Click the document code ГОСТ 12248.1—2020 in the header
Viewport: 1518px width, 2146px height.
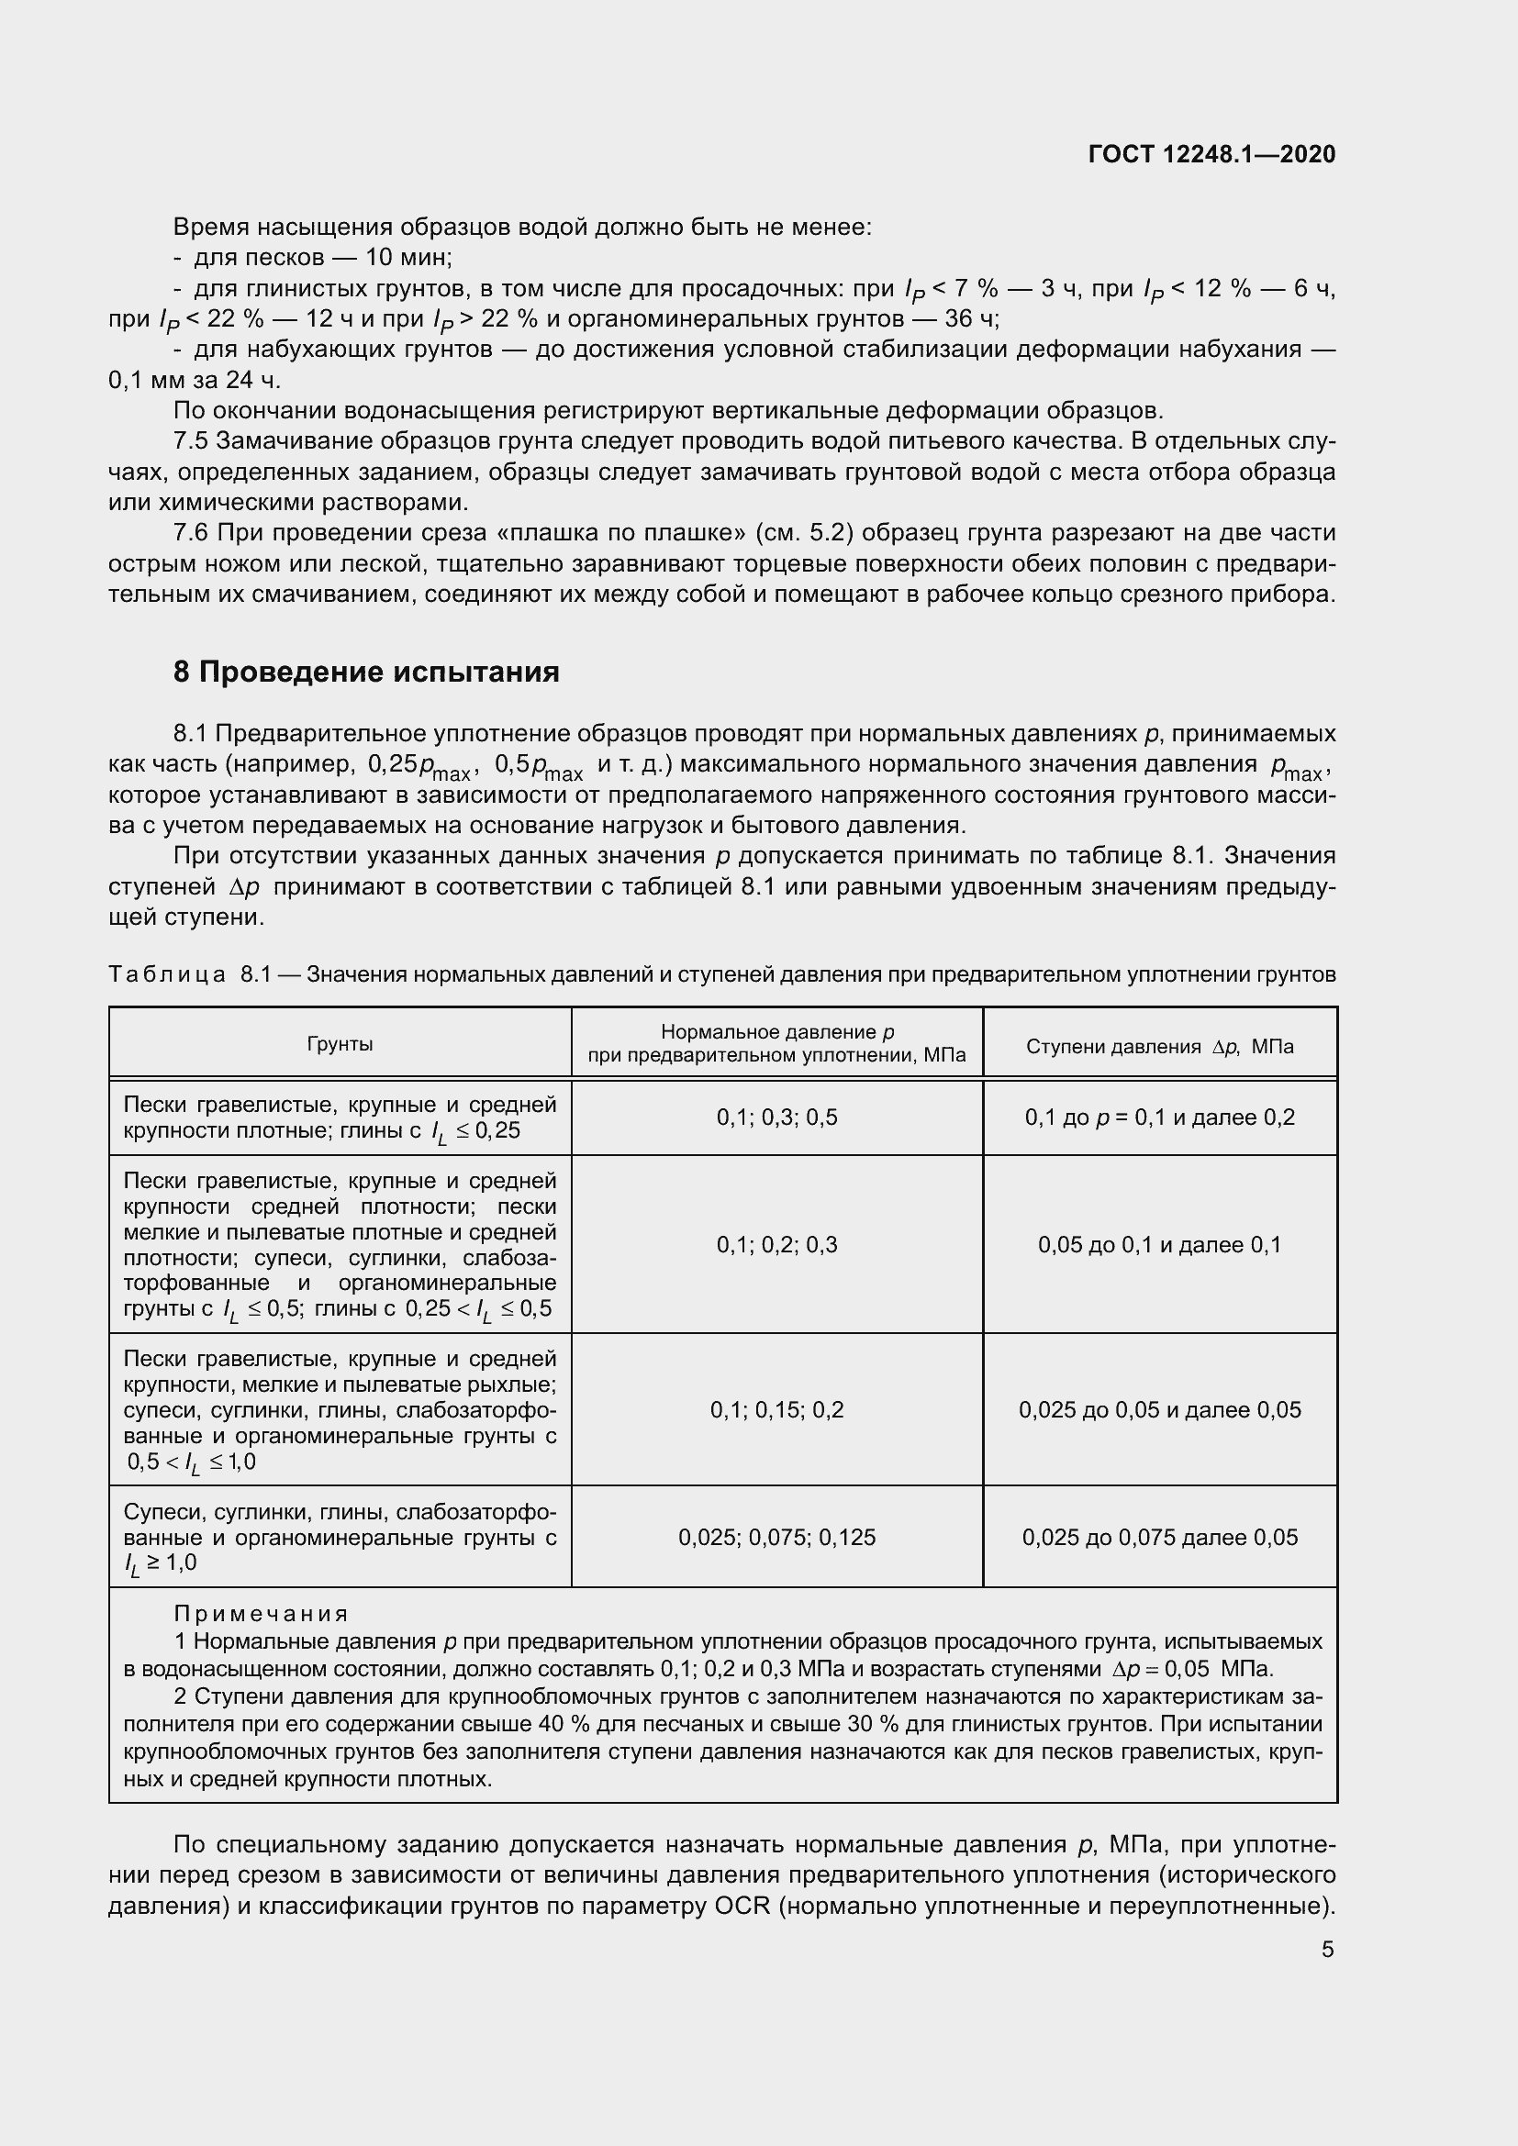pos(1211,154)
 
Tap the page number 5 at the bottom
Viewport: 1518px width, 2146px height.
pos(1327,1949)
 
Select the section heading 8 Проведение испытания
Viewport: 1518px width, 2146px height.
pos(366,672)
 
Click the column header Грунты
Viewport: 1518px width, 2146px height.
pos(340,1044)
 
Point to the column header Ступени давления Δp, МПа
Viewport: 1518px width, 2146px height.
pos(1159,1046)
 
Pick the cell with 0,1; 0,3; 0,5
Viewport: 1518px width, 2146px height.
pos(776,1117)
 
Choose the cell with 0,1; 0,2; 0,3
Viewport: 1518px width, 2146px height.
pos(776,1244)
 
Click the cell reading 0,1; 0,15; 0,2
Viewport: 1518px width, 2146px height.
pos(776,1409)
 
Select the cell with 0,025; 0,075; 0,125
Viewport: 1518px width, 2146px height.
pos(776,1537)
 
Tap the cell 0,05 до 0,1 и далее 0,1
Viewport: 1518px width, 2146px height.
pos(1159,1244)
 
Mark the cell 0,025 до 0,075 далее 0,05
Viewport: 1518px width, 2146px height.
pos(1159,1537)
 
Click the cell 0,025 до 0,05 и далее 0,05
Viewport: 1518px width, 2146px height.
pos(1159,1409)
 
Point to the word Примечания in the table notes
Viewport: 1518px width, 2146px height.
pos(262,1614)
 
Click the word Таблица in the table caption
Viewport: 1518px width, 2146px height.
pos(167,974)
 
